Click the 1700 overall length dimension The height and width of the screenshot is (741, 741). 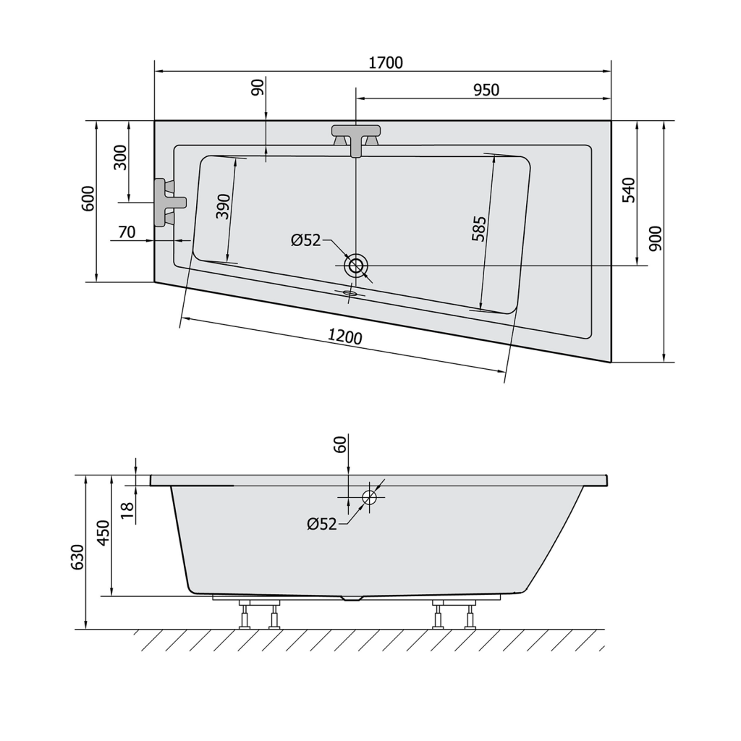[x=386, y=62]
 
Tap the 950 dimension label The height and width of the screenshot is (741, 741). [x=486, y=90]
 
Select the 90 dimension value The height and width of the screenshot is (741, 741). [x=257, y=88]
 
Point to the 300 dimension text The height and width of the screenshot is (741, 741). [x=120, y=157]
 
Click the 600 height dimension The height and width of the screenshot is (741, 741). [x=88, y=198]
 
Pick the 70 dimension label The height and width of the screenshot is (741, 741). [x=127, y=232]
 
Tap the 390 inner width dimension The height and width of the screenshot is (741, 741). [x=223, y=206]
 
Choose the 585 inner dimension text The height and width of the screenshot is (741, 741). [x=479, y=229]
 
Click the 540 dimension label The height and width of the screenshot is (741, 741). [x=629, y=190]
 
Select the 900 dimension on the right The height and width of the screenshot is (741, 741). [x=656, y=239]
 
